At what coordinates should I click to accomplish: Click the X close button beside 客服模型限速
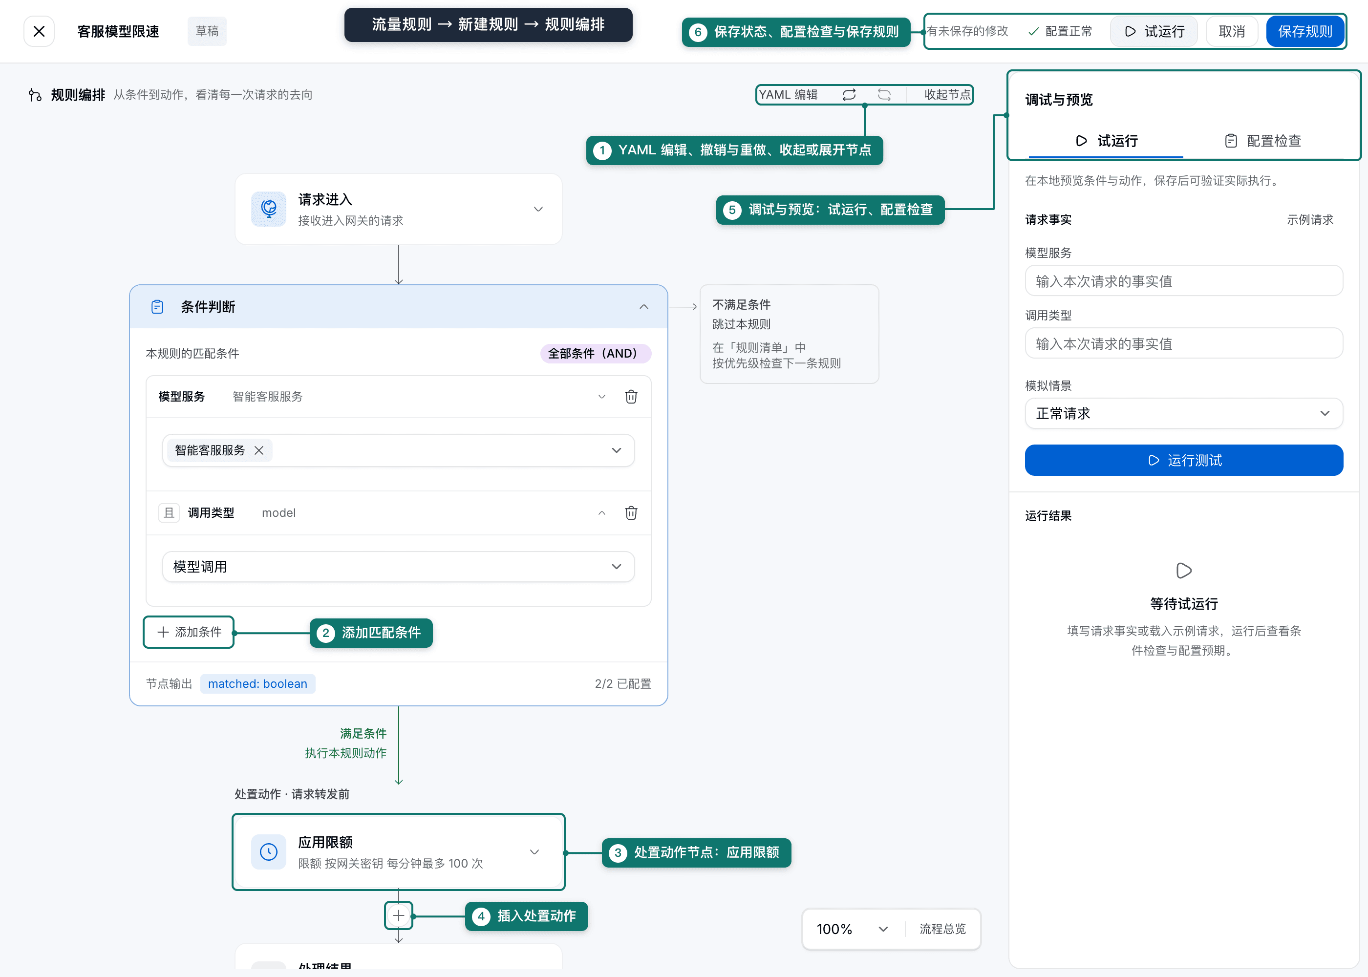point(39,31)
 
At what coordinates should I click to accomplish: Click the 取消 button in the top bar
point(1231,31)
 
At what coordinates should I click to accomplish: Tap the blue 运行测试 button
point(1183,460)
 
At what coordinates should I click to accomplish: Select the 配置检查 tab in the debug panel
point(1263,141)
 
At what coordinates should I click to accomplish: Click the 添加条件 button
point(189,632)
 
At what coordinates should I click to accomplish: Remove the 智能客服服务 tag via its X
point(258,450)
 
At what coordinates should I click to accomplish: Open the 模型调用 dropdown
point(398,567)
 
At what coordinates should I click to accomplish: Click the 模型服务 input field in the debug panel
point(1183,281)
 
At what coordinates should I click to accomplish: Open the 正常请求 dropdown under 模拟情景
point(1183,413)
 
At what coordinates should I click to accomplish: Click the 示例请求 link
point(1310,220)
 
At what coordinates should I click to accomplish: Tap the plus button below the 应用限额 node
point(398,915)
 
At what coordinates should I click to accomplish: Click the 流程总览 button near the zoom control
point(942,929)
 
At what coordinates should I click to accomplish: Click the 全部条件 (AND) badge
point(596,353)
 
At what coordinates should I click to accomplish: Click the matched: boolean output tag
point(257,683)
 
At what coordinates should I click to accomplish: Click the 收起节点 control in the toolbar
point(946,94)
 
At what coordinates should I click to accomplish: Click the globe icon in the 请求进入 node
point(268,209)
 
